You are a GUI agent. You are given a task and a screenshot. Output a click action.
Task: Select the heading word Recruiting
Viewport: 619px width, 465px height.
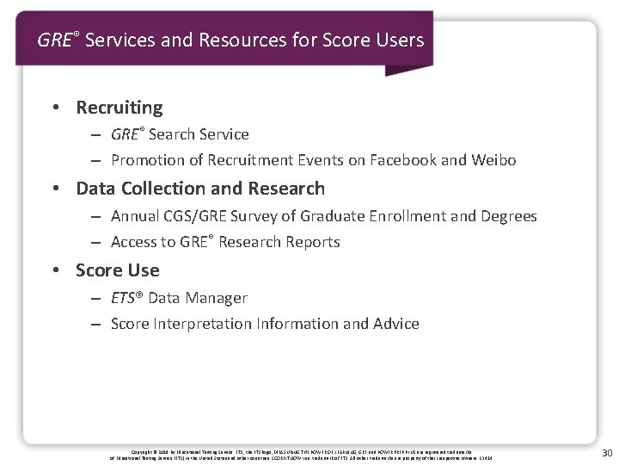tap(120, 108)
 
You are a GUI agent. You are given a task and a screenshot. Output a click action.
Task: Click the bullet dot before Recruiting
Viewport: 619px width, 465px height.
tap(55, 108)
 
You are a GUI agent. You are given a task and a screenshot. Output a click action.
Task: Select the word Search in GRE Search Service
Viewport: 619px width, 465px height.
tap(171, 134)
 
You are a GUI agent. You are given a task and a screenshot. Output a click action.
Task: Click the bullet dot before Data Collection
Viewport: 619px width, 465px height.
tap(55, 189)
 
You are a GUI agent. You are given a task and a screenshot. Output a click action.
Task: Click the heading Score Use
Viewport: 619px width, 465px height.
tap(118, 270)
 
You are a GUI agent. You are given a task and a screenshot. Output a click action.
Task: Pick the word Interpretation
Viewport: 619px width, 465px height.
tap(200, 324)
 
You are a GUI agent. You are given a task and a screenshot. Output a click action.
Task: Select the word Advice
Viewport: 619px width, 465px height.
tap(396, 324)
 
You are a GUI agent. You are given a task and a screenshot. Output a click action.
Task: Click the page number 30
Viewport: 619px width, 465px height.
tap(607, 453)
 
